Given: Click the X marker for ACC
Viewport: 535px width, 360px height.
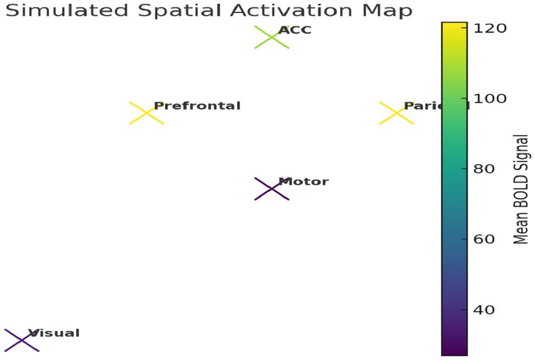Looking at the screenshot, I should [x=272, y=38].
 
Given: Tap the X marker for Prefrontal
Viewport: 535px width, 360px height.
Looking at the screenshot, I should [x=146, y=113].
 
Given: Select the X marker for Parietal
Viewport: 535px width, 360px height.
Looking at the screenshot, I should [x=397, y=113].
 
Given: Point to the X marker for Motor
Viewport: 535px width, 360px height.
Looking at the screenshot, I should [x=272, y=188].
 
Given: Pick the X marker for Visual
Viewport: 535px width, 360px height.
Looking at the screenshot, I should [x=21, y=340].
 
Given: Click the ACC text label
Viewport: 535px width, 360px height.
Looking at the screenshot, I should [x=295, y=30].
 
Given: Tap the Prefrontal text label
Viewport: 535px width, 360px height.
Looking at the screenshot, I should [x=197, y=106].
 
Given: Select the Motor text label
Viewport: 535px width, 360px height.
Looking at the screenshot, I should [x=303, y=182].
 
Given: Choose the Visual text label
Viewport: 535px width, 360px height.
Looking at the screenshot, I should [x=53, y=333].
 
